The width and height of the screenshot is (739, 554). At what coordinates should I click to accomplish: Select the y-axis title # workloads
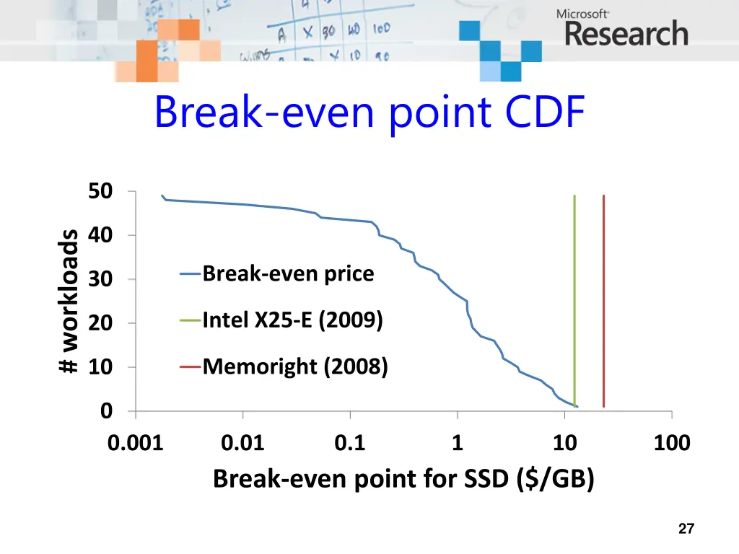[69, 302]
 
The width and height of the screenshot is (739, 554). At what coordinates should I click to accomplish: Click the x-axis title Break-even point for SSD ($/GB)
[403, 478]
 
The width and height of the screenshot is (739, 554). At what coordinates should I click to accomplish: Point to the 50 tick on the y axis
[100, 192]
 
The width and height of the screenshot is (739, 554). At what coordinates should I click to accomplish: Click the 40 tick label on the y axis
[100, 236]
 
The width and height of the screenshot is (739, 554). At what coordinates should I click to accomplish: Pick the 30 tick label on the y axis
[100, 280]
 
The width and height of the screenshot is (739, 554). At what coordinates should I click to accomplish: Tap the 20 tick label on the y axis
[100, 324]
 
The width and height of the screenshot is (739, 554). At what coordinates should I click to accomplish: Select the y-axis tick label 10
[100, 368]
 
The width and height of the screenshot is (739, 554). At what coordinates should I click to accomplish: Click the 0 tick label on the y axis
[106, 411]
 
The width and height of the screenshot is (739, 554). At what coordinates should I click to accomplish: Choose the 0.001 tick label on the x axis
[136, 443]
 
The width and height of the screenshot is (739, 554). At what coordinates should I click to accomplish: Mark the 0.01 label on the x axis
[243, 443]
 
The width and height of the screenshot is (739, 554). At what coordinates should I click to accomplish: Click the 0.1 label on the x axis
[350, 443]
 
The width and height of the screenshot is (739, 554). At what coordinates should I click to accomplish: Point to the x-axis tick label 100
[672, 443]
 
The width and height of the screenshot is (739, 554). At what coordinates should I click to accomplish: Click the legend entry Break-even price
[287, 274]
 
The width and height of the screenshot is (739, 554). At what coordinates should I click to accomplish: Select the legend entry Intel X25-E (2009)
[292, 320]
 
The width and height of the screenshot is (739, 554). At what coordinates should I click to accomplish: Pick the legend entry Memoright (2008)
[294, 367]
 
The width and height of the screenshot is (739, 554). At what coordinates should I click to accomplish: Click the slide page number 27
[686, 529]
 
